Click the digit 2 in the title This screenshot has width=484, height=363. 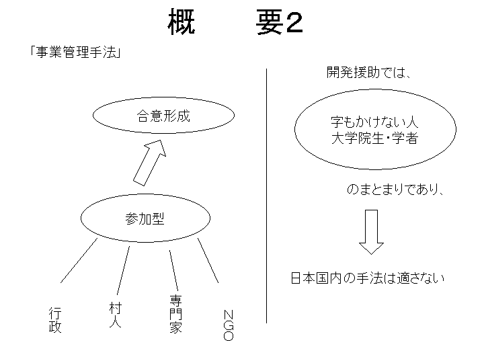click(294, 24)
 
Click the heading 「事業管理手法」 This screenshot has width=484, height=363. click(75, 52)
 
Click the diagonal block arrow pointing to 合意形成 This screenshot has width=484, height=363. click(150, 163)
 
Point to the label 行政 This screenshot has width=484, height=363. click(55, 320)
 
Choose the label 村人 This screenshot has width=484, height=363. click(116, 315)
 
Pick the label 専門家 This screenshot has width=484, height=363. click(175, 314)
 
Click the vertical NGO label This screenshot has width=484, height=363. click(228, 325)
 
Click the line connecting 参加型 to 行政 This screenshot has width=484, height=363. click(79, 261)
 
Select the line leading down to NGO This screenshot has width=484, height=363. click(208, 260)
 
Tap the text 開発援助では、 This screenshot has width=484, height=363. click(369, 73)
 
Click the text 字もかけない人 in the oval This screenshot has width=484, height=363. click(374, 122)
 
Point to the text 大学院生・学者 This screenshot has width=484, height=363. click(374, 138)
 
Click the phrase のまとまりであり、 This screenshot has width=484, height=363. click(395, 189)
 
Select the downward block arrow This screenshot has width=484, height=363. click(371, 232)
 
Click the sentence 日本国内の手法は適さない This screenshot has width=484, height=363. click(368, 278)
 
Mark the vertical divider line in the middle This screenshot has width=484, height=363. click(266, 196)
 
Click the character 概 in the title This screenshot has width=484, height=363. click(182, 22)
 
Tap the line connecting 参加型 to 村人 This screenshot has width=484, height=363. click(123, 270)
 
